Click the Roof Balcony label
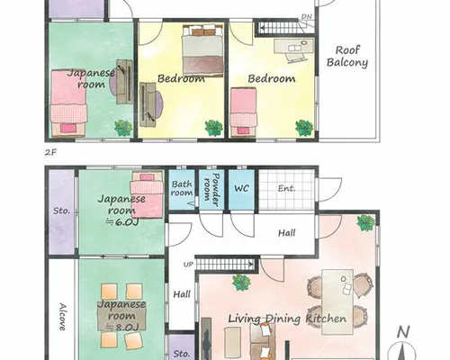point(347,57)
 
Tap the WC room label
point(241,188)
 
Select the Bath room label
point(182,188)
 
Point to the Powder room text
point(211,190)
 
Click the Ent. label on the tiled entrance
point(287,188)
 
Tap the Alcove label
point(62,317)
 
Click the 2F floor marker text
point(50,152)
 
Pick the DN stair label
point(307,17)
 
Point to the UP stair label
point(188,265)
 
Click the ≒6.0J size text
point(121,222)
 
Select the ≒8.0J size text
point(121,327)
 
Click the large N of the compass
point(403,332)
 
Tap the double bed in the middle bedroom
point(202,50)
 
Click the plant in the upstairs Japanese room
point(123,128)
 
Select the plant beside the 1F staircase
point(241,283)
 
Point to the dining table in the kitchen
point(337,301)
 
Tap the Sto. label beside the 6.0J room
point(61,211)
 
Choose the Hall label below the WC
point(286,233)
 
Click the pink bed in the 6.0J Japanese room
point(147,195)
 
